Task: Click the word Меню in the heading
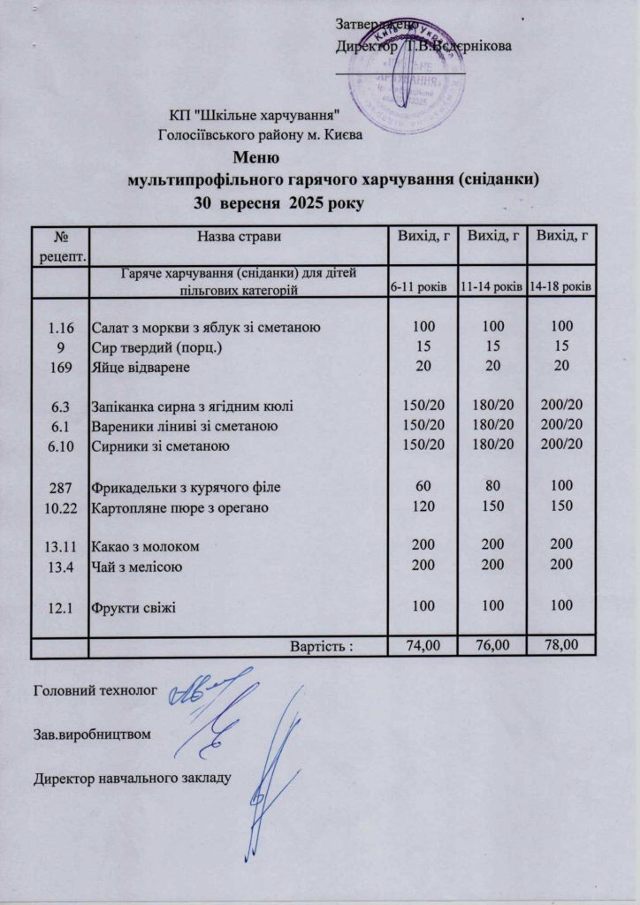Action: pos(257,160)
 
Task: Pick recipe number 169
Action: pos(60,365)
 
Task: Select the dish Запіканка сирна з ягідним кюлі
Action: pos(193,407)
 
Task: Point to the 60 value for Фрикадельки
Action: pos(422,486)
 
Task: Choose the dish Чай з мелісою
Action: pos(138,567)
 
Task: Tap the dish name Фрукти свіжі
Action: pos(134,607)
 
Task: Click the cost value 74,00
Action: pos(422,646)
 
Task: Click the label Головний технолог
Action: pos(95,688)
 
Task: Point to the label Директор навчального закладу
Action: pos(133,779)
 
